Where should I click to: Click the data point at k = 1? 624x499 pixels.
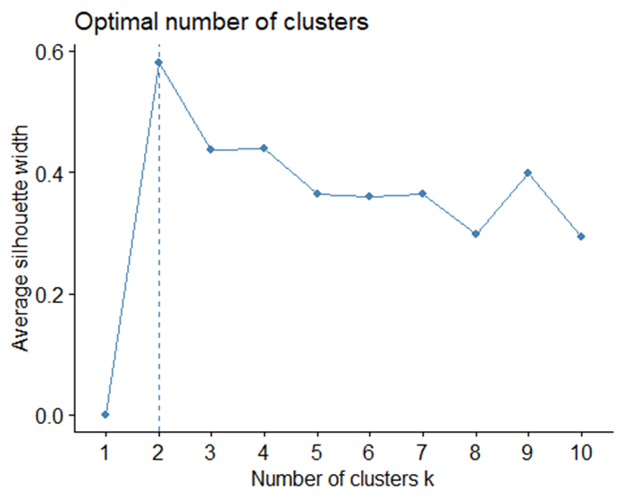coord(105,415)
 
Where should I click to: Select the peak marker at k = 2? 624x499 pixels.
coord(158,63)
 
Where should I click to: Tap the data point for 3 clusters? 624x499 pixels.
coord(210,149)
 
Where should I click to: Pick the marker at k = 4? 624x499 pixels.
coord(264,148)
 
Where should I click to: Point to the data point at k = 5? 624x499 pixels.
coord(316,194)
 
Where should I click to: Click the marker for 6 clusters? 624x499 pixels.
coord(369,196)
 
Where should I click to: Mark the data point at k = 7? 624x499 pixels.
coord(423,194)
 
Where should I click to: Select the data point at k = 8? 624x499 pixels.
coord(476,234)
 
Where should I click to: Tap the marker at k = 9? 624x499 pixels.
coord(528,173)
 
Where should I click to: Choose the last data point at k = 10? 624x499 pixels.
coord(581,237)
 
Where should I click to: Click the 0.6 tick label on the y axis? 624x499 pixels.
coord(49,53)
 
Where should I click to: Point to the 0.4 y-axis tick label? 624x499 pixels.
coord(49,173)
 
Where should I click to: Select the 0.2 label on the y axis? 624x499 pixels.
coord(49,295)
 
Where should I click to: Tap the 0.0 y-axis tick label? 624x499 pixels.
coord(49,416)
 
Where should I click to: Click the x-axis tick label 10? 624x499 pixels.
coord(581,452)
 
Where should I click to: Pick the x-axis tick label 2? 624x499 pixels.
coord(158,452)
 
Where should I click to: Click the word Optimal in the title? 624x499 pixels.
coord(116,22)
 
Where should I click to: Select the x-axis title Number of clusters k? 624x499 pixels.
coord(342,478)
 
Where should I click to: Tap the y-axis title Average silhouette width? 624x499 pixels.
coord(20,238)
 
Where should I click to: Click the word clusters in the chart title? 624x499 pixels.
coord(326,21)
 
